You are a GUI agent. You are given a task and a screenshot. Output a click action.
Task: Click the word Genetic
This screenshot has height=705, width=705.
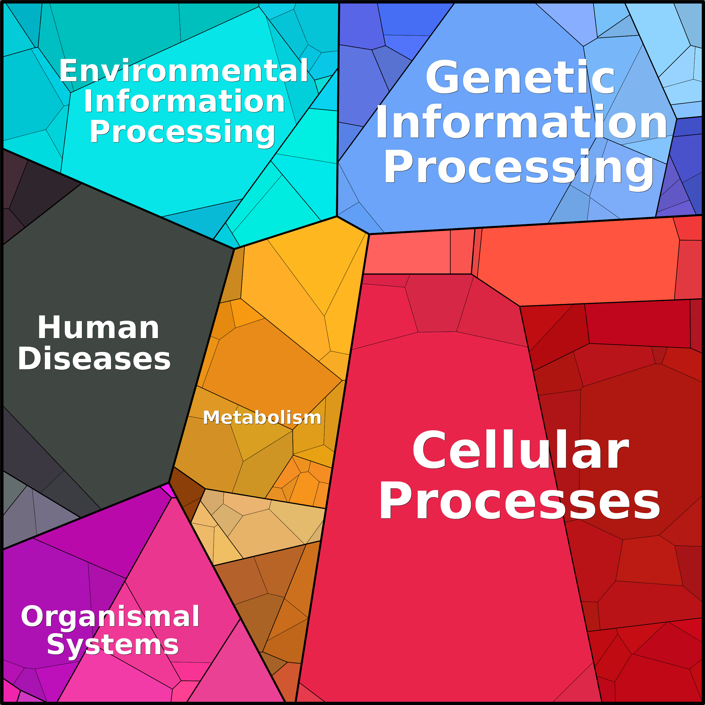[x=521, y=77]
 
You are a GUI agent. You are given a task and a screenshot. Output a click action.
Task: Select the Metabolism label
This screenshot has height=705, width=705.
[x=262, y=417]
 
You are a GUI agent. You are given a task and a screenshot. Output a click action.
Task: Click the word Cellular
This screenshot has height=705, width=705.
[x=521, y=450]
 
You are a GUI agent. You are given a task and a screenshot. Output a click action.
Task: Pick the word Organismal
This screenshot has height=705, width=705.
[x=110, y=617]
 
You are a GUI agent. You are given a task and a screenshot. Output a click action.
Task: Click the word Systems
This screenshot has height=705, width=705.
[x=113, y=645]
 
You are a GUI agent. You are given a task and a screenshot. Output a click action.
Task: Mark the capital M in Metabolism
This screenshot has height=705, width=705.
[x=210, y=417]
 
